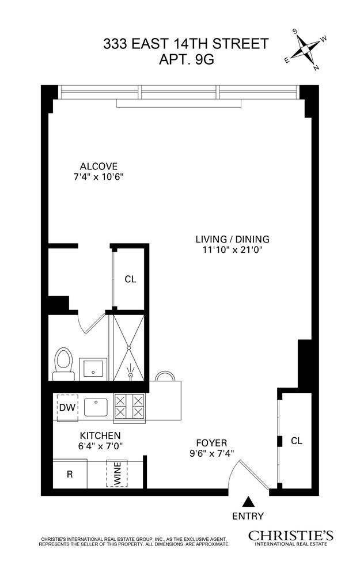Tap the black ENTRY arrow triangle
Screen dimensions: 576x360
click(x=248, y=501)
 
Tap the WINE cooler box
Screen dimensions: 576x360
click(x=118, y=473)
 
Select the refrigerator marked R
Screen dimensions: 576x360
click(x=69, y=475)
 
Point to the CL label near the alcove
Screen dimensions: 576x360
click(x=130, y=279)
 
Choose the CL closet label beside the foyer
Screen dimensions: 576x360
click(x=296, y=441)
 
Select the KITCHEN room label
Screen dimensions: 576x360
click(x=100, y=435)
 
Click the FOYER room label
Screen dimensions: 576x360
click(x=211, y=442)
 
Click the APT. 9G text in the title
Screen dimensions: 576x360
click(x=185, y=60)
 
